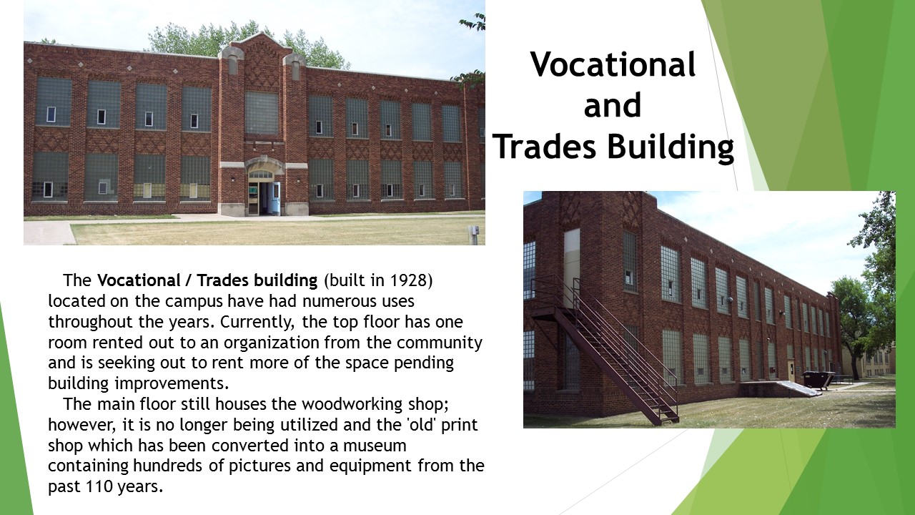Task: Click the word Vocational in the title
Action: tap(613, 65)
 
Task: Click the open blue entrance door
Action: tap(274, 198)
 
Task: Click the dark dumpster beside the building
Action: tap(816, 380)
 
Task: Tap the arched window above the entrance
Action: tap(261, 174)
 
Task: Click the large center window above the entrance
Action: tap(262, 113)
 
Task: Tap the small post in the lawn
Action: tap(473, 234)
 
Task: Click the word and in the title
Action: tap(613, 106)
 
